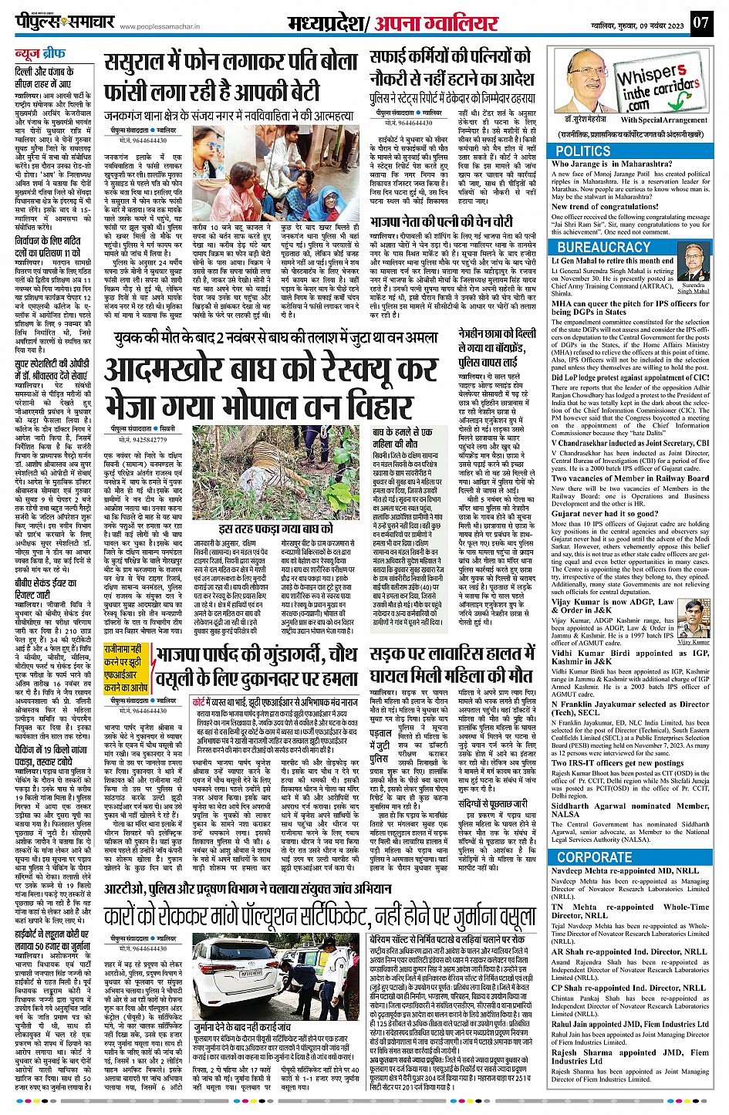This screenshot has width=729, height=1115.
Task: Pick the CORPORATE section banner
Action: pyautogui.click(x=594, y=857)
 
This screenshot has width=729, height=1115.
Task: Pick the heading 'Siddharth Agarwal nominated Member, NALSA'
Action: pyautogui.click(x=629, y=809)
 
